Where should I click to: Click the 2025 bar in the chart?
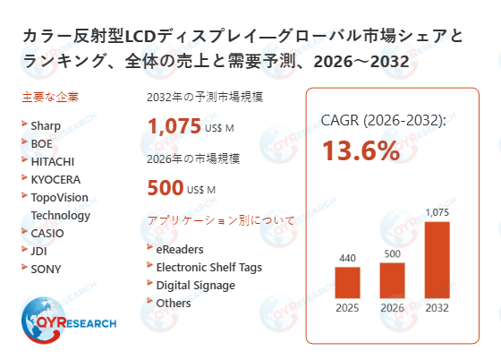[347, 283]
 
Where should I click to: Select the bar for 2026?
[392, 280]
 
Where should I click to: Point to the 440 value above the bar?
[347, 258]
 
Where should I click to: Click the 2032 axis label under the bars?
[437, 310]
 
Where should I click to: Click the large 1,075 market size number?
[176, 126]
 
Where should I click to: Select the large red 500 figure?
[165, 189]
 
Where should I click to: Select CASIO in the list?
[47, 233]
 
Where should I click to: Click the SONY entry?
[46, 269]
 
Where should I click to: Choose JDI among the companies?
[40, 251]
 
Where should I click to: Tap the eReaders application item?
[180, 249]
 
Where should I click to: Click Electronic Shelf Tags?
[208, 267]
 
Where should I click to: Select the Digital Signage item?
[196, 285]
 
